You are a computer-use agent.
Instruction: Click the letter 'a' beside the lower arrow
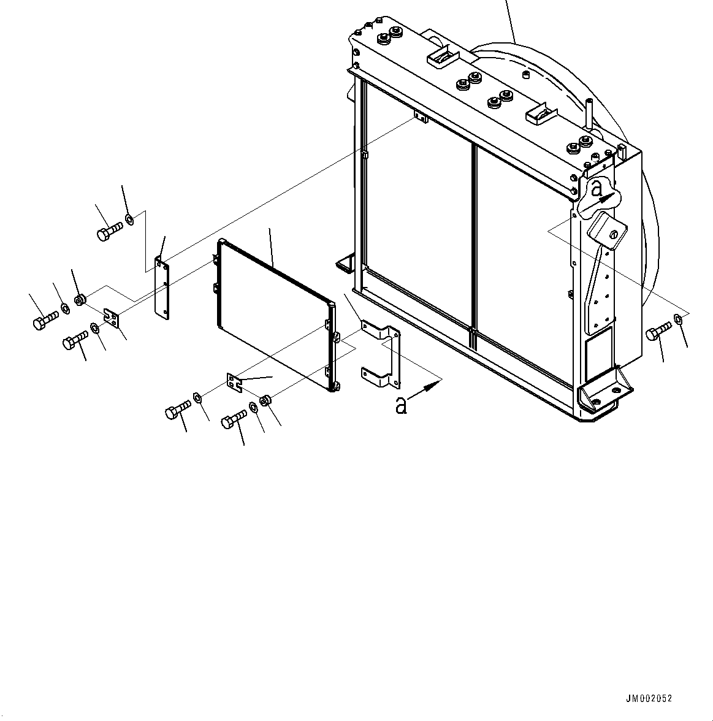coord(402,405)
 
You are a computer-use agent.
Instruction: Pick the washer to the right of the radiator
coord(678,318)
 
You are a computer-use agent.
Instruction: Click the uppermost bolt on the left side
coord(109,233)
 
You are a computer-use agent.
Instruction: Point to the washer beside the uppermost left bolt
coord(129,219)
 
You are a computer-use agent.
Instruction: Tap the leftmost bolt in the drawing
coord(44,319)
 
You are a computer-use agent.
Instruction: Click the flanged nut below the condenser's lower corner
coord(265,401)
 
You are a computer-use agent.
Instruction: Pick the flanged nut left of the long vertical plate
coord(80,300)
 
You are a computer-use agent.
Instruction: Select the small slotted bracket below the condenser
coord(235,383)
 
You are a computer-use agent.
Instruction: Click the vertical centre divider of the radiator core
coord(474,239)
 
